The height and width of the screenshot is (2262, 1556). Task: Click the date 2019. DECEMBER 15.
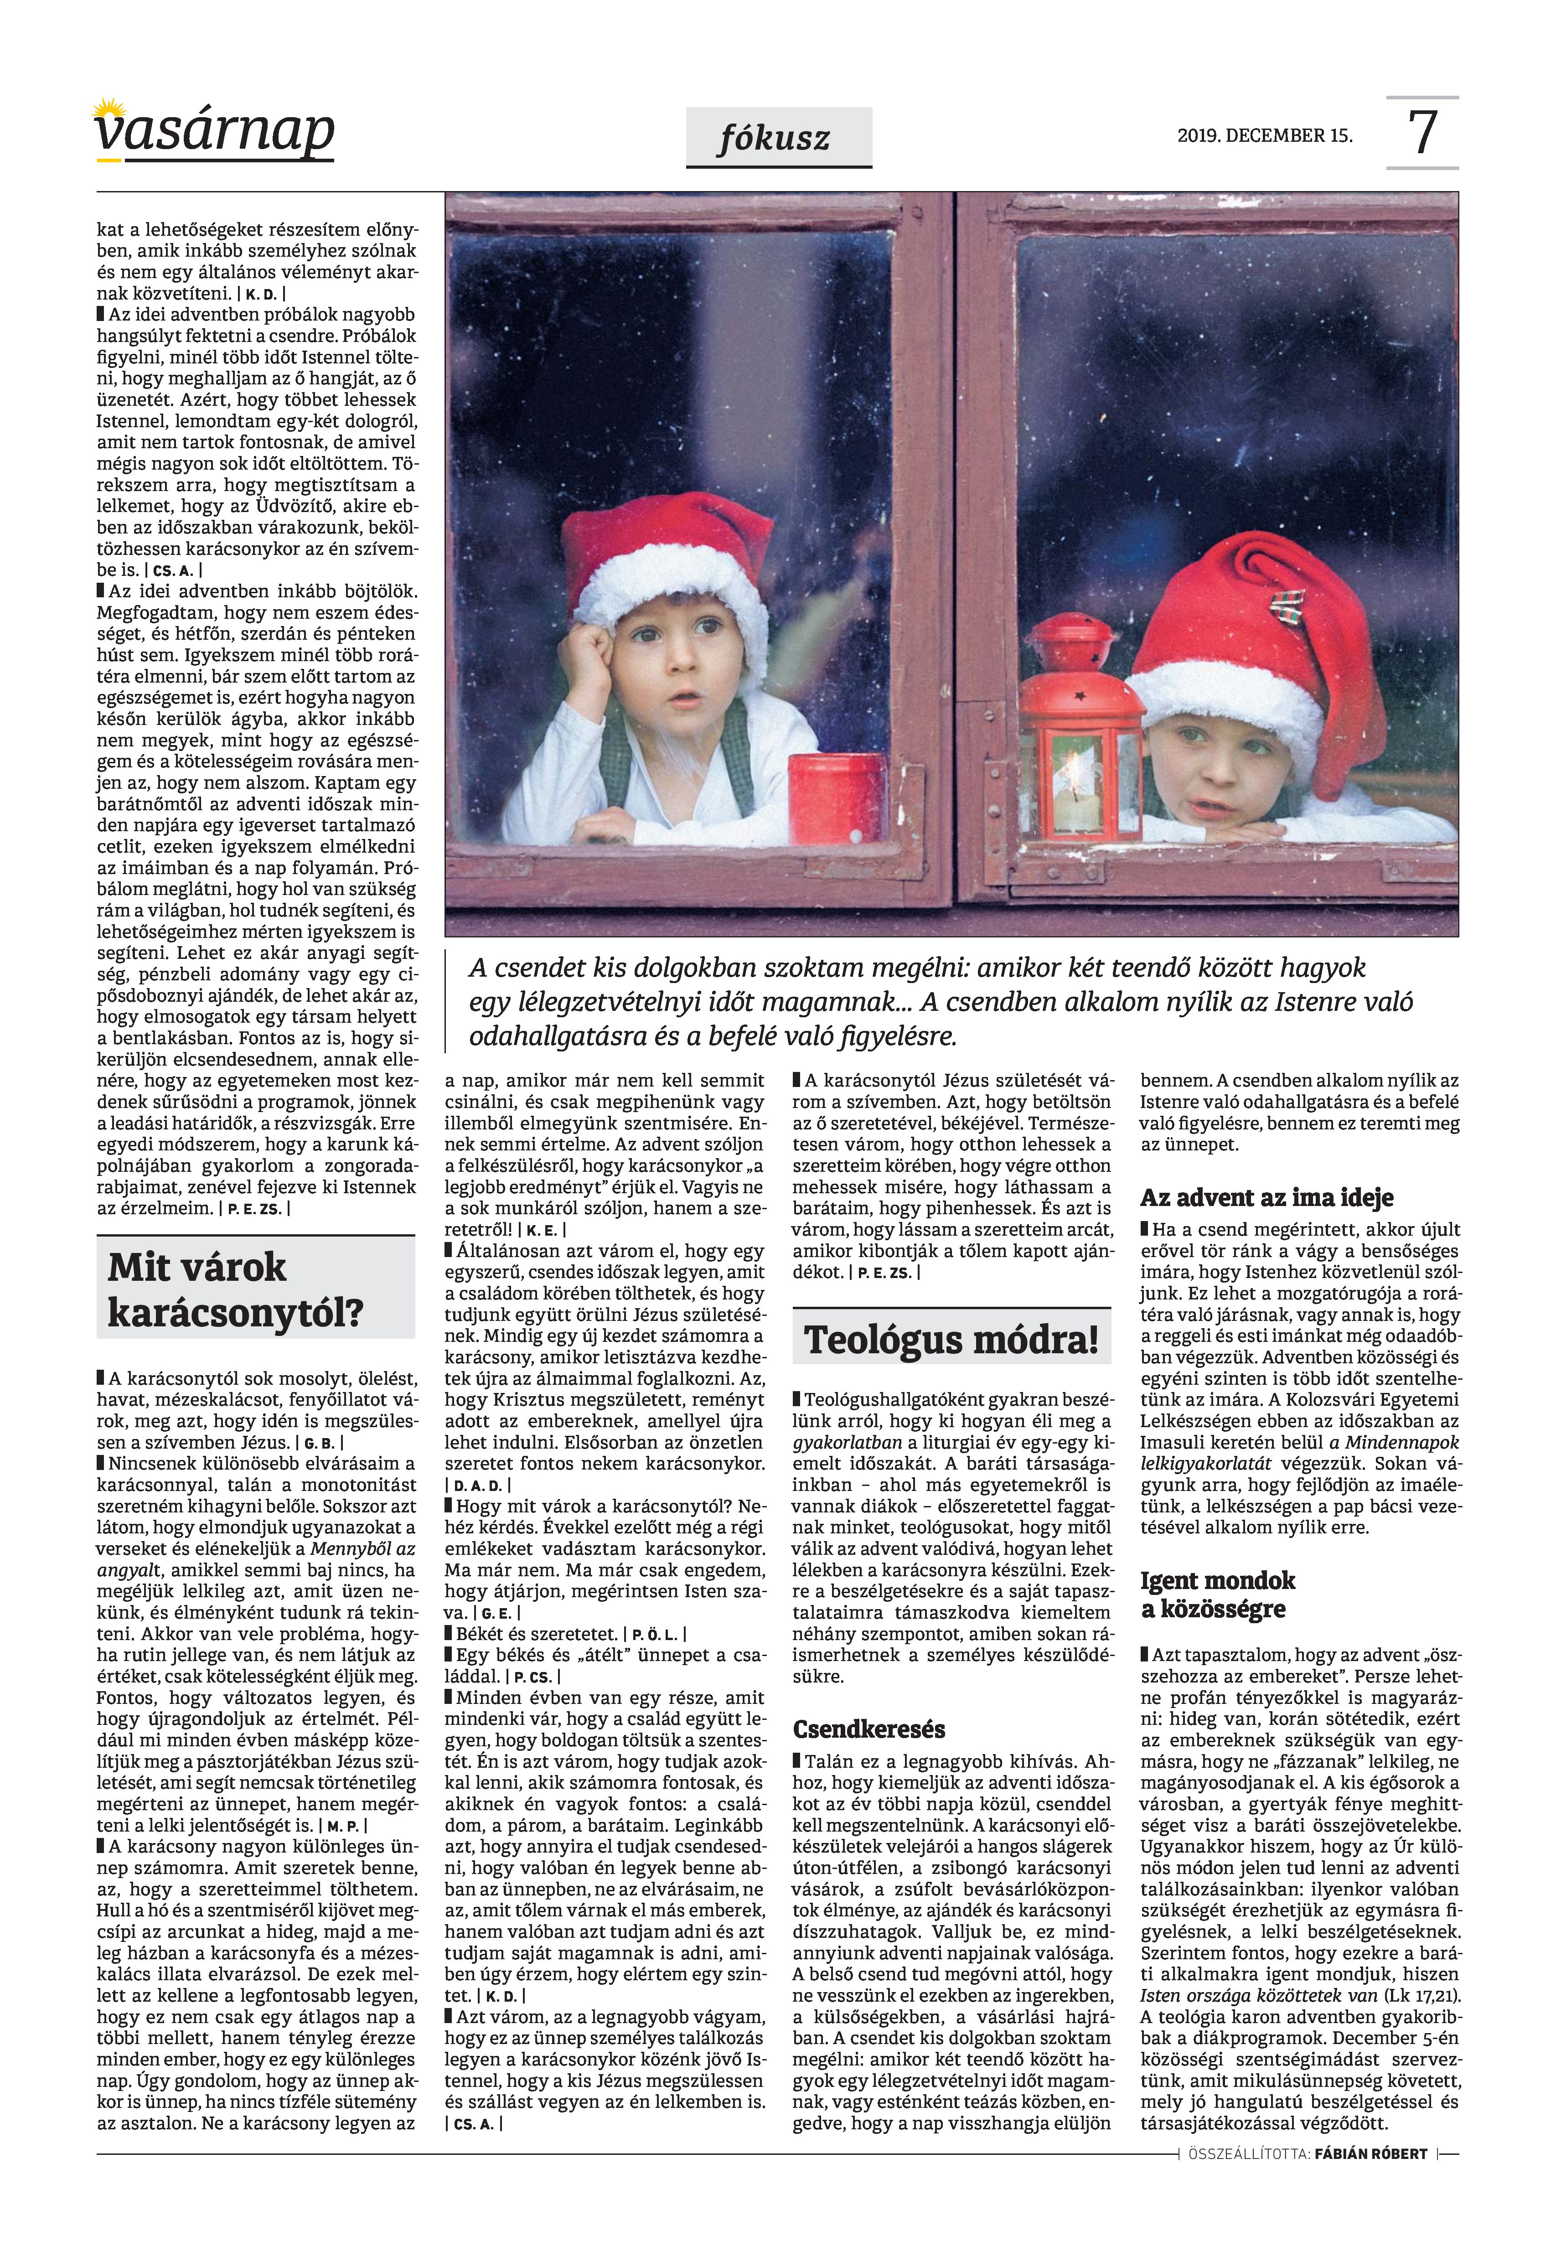tap(1265, 135)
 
